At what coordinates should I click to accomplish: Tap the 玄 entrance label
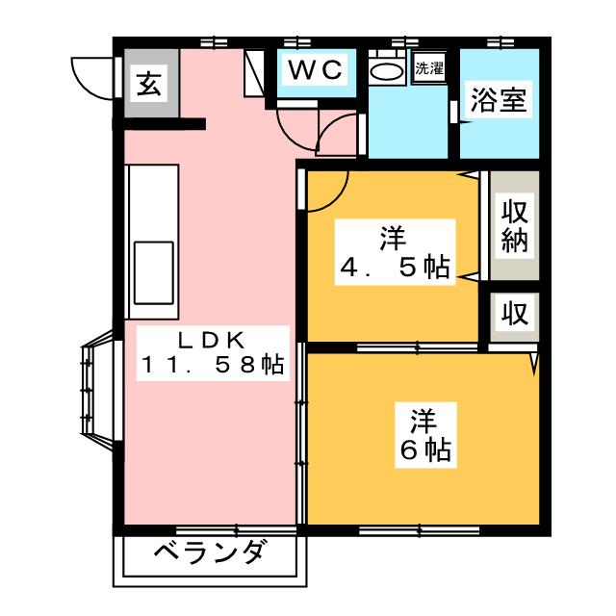(x=146, y=87)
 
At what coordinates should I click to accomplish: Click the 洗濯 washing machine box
(x=428, y=69)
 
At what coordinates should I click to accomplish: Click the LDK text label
(x=209, y=339)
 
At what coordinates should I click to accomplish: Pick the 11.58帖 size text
(x=213, y=366)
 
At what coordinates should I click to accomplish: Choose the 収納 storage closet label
(x=512, y=226)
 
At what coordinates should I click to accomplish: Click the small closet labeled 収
(x=512, y=313)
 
